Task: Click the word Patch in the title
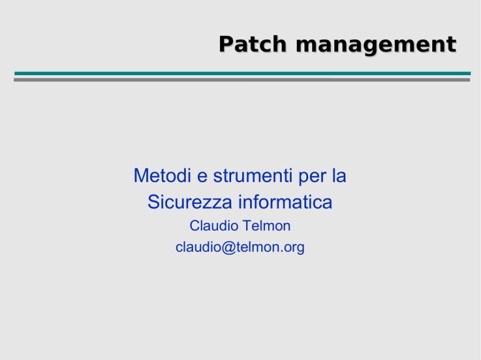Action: coord(252,44)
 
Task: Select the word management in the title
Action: coord(376,46)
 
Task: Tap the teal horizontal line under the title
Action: coord(242,73)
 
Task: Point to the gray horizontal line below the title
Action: coord(242,80)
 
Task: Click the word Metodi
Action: coord(162,176)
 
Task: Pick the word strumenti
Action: coord(253,176)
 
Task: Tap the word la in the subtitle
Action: coord(339,176)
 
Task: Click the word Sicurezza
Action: coord(190,202)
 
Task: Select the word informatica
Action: coord(286,202)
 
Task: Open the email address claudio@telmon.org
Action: coord(240,247)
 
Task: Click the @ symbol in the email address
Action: coord(228,248)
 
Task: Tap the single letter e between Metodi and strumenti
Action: coord(202,178)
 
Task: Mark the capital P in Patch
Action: coord(225,44)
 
